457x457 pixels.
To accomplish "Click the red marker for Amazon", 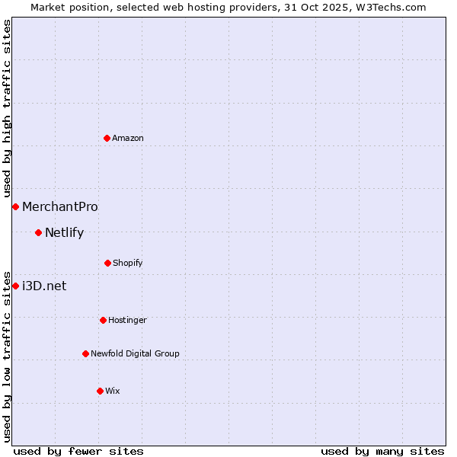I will pyautogui.click(x=107, y=138).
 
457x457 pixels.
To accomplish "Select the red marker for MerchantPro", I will pyautogui.click(x=15, y=206).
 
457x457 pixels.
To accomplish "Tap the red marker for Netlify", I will pyautogui.click(x=38, y=232).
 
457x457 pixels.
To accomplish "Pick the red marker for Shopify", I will pyautogui.click(x=107, y=263).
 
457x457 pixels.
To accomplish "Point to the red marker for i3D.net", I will pyautogui.click(x=15, y=286).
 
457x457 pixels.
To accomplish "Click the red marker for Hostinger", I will pyautogui.click(x=103, y=320).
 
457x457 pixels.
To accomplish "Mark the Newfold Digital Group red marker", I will pyautogui.click(x=85, y=353).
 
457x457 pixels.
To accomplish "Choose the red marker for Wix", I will pyautogui.click(x=100, y=391).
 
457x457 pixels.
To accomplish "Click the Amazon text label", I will pyautogui.click(x=128, y=138).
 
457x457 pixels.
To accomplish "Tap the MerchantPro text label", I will pyautogui.click(x=60, y=206).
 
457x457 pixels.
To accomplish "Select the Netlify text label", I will pyautogui.click(x=64, y=232).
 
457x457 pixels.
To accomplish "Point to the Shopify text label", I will pyautogui.click(x=128, y=263).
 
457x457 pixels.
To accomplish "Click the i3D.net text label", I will pyautogui.click(x=44, y=286).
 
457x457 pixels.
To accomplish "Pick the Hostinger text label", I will pyautogui.click(x=127, y=320).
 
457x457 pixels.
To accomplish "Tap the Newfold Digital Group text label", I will pyautogui.click(x=136, y=353).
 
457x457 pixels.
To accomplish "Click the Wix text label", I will pyautogui.click(x=113, y=391).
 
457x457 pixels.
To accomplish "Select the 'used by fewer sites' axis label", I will pyautogui.click(x=78, y=451).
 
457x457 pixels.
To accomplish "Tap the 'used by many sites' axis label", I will pyautogui.click(x=382, y=451).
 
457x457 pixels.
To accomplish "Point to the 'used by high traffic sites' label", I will pyautogui.click(x=7, y=109).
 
